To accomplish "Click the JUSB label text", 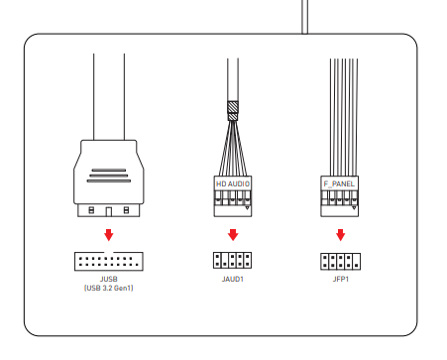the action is coord(109,279).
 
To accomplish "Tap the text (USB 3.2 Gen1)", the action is coord(109,288).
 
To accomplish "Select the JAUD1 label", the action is coord(233,279).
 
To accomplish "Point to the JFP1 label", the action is coord(341,279).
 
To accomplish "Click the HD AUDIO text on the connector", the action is coord(233,183).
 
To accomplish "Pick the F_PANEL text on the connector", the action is coord(339,183).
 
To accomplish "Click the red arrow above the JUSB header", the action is coord(109,235).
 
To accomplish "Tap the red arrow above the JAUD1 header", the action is coord(233,235).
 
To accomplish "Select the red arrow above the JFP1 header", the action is coord(341,235).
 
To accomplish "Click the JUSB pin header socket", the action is coord(109,261).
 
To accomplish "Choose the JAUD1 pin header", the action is coord(232,260).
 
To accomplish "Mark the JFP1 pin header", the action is coord(340,262).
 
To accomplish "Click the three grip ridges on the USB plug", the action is coord(109,176).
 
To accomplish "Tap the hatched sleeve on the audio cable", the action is coord(233,111).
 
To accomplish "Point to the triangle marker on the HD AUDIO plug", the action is coord(247,208).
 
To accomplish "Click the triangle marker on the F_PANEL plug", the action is coord(354,208).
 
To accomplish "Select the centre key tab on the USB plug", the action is coord(109,212).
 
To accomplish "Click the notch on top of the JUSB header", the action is coord(109,253).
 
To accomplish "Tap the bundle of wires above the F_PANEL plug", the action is coord(344,117).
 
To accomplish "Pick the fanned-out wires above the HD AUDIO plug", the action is coord(233,148).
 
